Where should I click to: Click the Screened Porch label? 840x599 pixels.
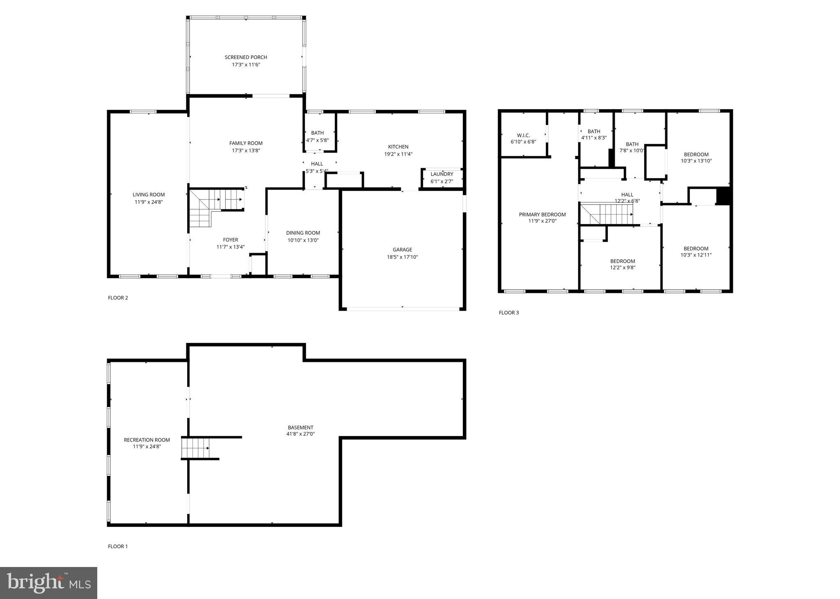point(246,57)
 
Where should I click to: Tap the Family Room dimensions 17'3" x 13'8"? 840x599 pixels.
point(246,151)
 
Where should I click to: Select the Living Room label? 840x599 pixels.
point(149,195)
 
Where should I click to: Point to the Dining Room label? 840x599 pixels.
point(303,233)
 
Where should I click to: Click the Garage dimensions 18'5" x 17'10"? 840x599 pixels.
point(402,257)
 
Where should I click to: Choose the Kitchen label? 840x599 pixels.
point(398,147)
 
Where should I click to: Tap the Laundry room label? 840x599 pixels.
point(442,174)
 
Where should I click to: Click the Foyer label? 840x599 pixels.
point(230,240)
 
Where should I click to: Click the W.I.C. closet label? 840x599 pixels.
point(523,135)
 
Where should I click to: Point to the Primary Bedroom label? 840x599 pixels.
point(542,215)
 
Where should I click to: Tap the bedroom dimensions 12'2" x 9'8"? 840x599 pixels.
point(623,268)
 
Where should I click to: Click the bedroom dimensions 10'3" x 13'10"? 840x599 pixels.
point(696,161)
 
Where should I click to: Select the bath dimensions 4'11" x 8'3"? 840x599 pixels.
point(593,138)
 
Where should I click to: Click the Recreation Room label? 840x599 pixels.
point(146,440)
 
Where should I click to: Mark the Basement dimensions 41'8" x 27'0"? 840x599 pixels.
point(300,434)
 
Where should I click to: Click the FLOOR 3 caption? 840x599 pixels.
point(508,313)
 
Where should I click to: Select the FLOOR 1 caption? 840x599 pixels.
point(118,546)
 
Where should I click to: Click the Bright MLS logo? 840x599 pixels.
point(48,583)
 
